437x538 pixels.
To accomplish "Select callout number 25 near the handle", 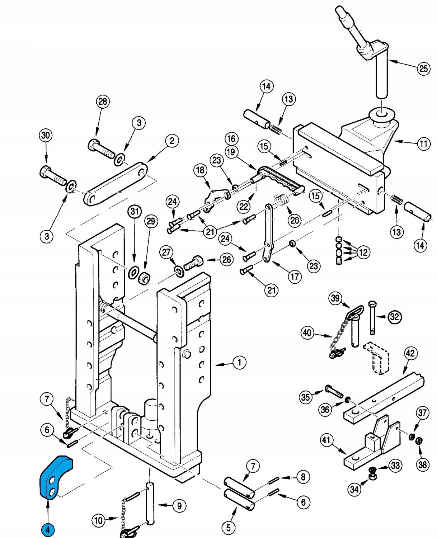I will (424, 68).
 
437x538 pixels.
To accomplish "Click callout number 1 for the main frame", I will (239, 362).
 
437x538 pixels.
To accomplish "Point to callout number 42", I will (410, 353).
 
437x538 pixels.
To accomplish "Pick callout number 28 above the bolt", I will (103, 102).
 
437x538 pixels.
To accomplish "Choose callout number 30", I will (45, 136).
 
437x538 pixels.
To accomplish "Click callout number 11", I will (424, 144).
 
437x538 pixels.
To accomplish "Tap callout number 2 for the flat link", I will (172, 141).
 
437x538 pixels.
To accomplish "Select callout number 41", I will (326, 440).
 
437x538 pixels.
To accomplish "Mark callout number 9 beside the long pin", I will (179, 506).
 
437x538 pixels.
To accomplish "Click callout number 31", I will (135, 212).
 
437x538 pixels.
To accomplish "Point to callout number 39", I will (335, 298).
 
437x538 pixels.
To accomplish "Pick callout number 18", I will (200, 170).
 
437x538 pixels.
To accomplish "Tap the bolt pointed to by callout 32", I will (372, 317).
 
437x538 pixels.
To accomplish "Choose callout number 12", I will (363, 253).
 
